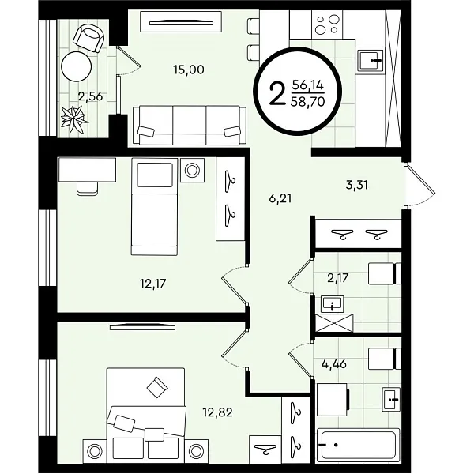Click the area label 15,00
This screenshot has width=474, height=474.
pyautogui.click(x=189, y=70)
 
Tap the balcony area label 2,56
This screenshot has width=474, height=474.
pyautogui.click(x=90, y=96)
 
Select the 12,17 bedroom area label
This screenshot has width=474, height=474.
pyautogui.click(x=153, y=284)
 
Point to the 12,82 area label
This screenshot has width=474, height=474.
pyautogui.click(x=217, y=412)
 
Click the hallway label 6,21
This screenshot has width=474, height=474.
pyautogui.click(x=280, y=198)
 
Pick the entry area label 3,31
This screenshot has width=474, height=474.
pyautogui.click(x=357, y=185)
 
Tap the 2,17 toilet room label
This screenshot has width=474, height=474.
pyautogui.click(x=338, y=278)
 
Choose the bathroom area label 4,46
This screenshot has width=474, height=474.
pyautogui.click(x=334, y=364)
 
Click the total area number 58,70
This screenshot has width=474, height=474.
pyautogui.click(x=307, y=102)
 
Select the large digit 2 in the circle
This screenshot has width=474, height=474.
pyautogui.click(x=277, y=93)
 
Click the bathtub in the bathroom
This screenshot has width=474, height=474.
pyautogui.click(x=358, y=445)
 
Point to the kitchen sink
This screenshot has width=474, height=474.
pyautogui.click(x=370, y=60)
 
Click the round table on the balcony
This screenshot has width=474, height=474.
pyautogui.click(x=76, y=66)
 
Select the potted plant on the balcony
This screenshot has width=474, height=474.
pyautogui.click(x=73, y=118)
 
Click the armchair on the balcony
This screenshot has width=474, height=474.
pyautogui.click(x=88, y=38)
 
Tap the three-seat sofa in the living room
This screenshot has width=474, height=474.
pyautogui.click(x=190, y=125)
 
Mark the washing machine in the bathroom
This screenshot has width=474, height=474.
pyautogui.click(x=333, y=400)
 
